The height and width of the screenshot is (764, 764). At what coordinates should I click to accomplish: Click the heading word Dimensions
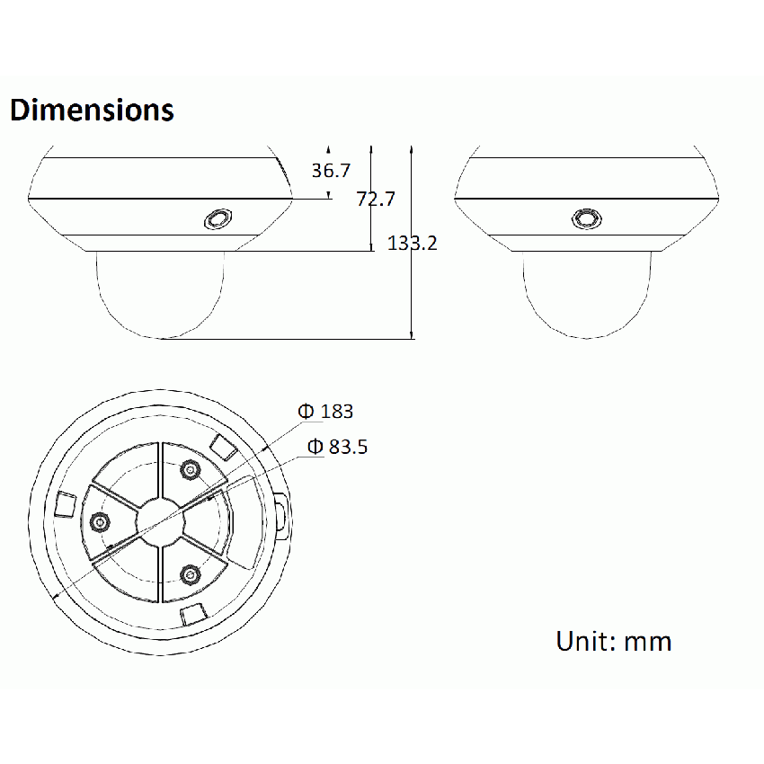pos(92,110)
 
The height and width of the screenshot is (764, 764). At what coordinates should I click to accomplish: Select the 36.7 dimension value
pos(331,170)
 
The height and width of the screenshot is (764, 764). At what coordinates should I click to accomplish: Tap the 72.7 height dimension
pos(376,199)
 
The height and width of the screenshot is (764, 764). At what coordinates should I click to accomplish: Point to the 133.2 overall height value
pos(413,242)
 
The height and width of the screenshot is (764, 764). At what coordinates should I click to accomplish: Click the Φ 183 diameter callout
pos(326,412)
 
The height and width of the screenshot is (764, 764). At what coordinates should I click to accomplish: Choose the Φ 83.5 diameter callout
pos(337,447)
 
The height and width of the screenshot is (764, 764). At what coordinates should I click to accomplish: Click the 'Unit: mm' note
pos(614,641)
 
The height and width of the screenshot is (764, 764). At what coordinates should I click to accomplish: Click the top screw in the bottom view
pos(190,469)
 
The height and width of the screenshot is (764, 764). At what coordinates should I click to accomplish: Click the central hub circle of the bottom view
pos(160,521)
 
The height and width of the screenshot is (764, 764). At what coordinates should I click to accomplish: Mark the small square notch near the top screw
pos(221,446)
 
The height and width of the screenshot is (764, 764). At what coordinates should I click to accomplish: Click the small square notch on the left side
pos(65,503)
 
